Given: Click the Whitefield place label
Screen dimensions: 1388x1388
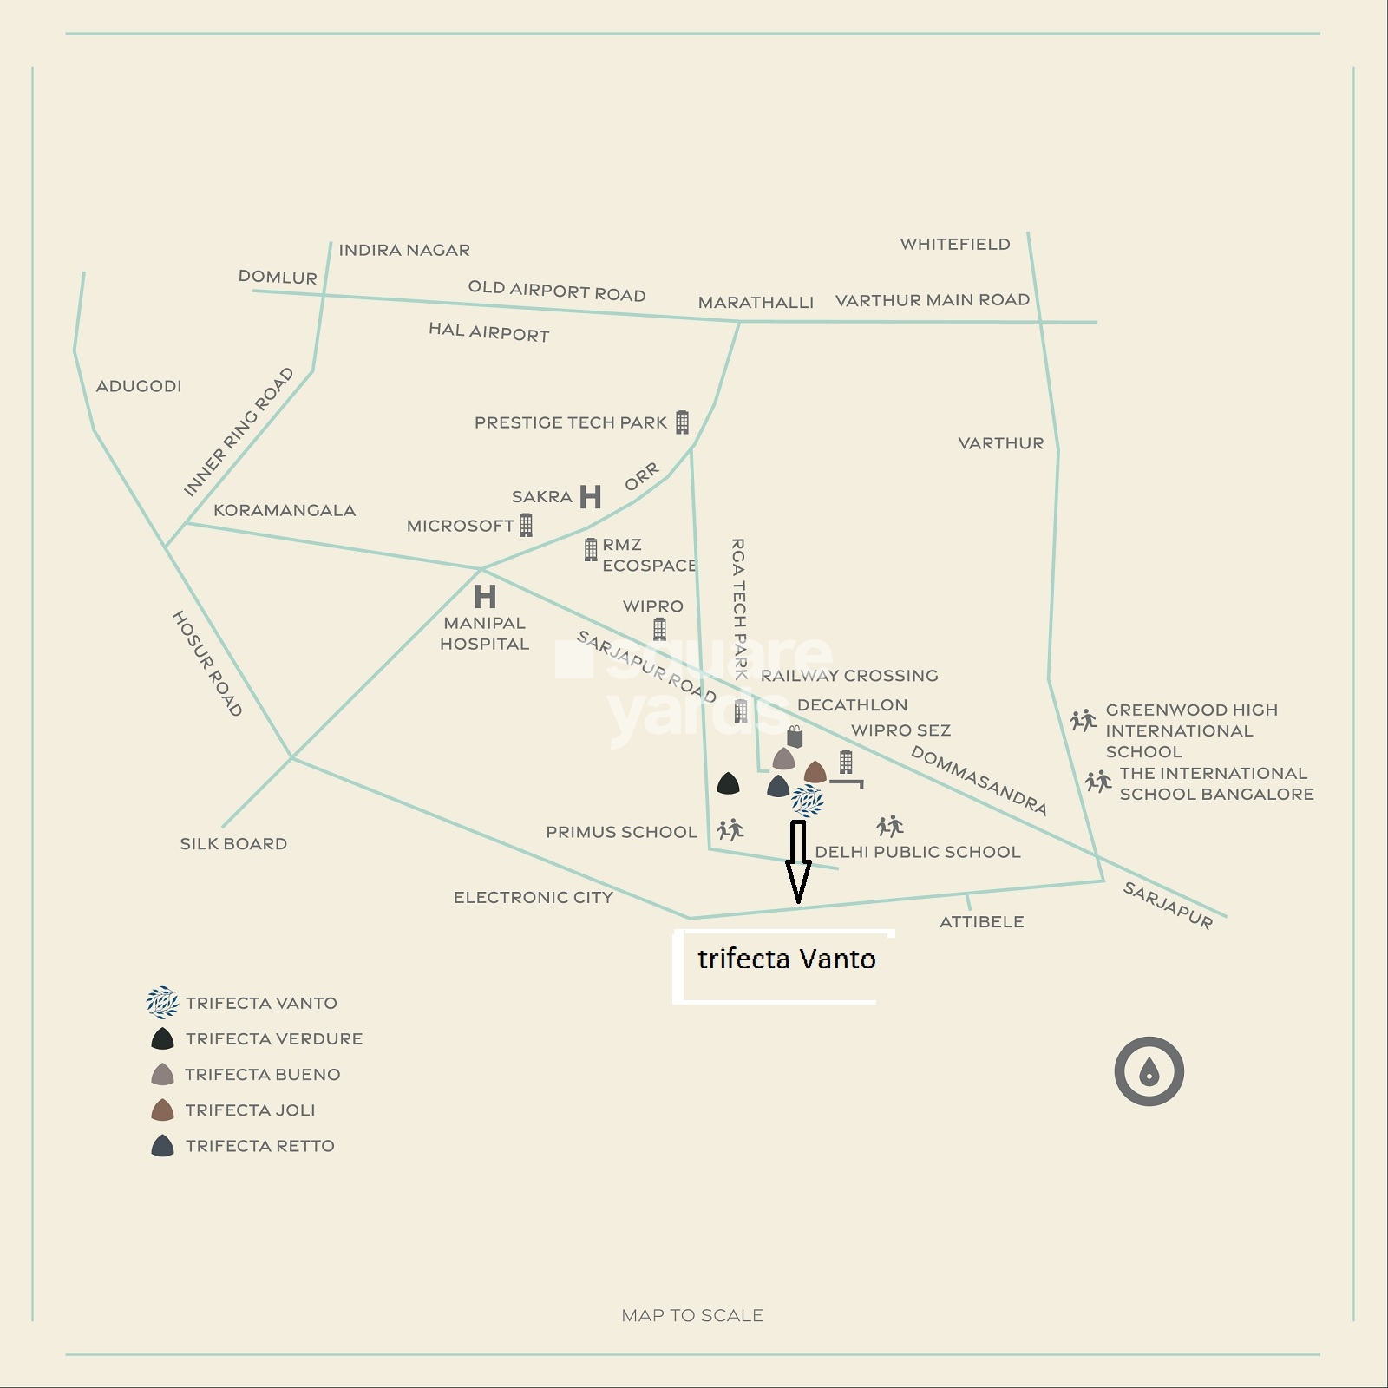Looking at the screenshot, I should tap(954, 244).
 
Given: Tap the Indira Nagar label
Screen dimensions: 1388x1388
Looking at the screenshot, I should tap(404, 250).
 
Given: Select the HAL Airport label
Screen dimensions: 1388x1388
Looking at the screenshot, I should tap(488, 332).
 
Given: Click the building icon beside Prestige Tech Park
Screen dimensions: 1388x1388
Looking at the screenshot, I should tap(682, 422).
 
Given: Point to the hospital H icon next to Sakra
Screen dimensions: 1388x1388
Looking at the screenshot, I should tap(590, 497).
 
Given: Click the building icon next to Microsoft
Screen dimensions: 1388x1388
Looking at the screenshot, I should tap(526, 525).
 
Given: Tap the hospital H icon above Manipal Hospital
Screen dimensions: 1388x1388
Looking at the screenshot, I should tap(485, 596).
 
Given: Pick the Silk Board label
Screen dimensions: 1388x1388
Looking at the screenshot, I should tap(233, 843).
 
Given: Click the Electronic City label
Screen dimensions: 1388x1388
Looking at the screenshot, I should tap(533, 897).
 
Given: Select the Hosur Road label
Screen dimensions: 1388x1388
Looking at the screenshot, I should tap(206, 664).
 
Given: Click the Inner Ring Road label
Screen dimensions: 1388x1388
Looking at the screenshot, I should tap(239, 432).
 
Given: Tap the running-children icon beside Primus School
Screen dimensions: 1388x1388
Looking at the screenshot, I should tap(730, 830).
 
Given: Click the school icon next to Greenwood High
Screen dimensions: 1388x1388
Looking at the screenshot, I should tap(1083, 720).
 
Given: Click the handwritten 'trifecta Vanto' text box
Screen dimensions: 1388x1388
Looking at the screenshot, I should tap(785, 966).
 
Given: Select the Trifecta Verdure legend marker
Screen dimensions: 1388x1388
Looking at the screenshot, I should tap(162, 1038).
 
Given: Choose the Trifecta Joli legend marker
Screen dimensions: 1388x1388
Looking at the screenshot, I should tap(162, 1110).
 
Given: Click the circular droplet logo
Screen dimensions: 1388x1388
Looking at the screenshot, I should tap(1149, 1071).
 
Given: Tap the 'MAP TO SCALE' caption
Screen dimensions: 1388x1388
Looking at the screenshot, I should tap(692, 1315).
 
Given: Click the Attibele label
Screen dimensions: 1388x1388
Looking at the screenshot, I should tap(981, 921).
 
